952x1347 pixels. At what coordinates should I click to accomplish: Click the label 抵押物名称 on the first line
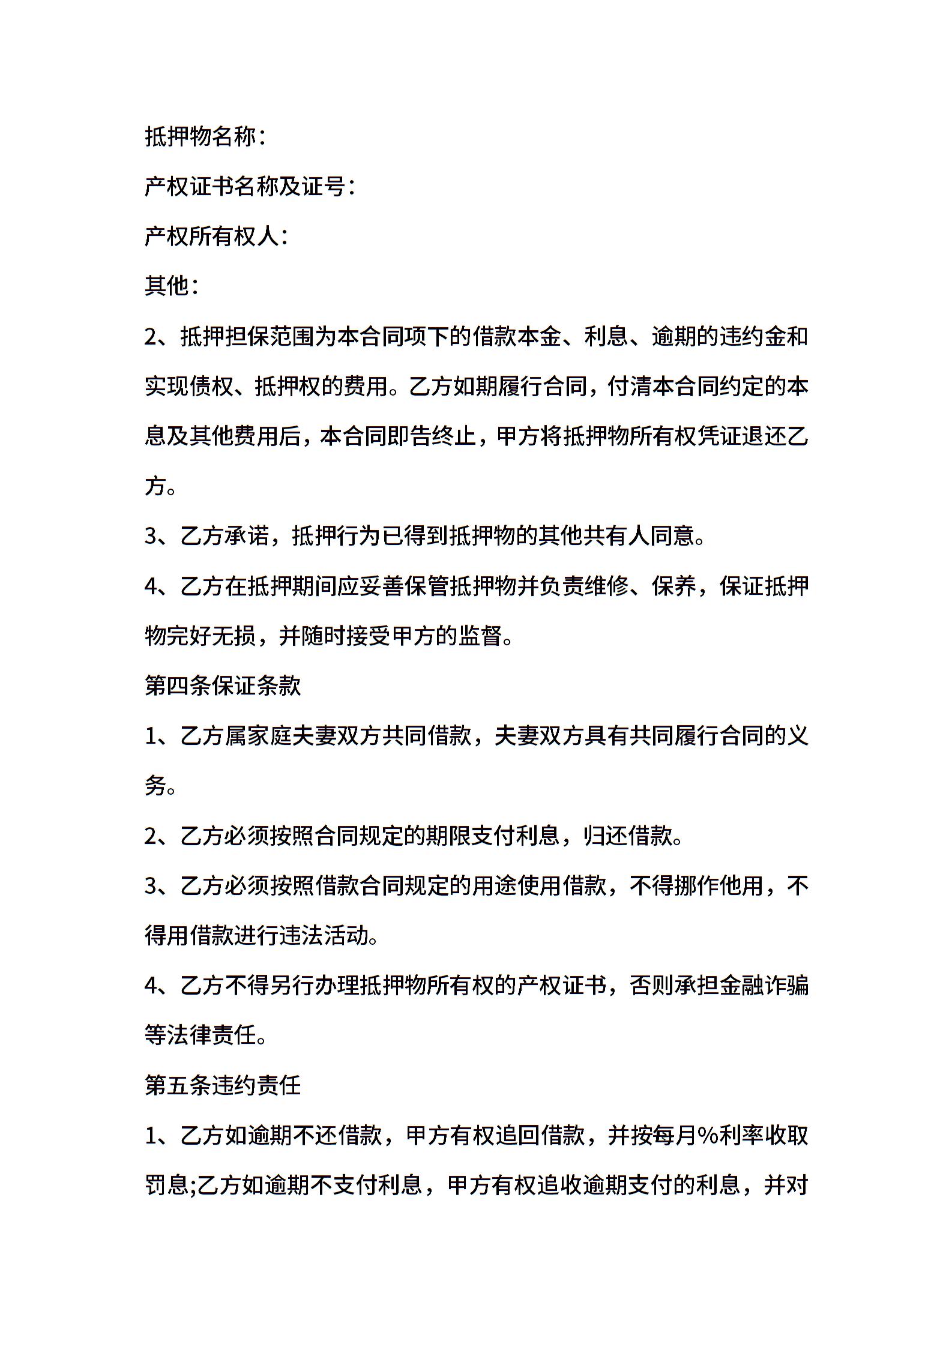[200, 137]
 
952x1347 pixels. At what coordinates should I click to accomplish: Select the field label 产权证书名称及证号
[246, 187]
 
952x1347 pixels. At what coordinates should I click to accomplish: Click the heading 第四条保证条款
[223, 686]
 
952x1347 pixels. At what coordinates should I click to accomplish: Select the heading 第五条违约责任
[223, 1085]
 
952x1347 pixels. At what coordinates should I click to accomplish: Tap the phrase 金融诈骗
[764, 986]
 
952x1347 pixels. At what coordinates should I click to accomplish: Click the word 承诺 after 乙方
[247, 535]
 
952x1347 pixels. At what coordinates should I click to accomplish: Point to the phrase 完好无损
[212, 636]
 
